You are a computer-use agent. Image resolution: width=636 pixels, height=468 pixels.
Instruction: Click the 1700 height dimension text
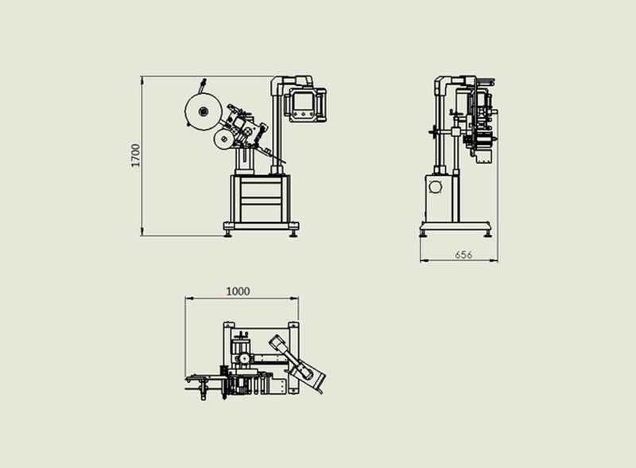(x=135, y=155)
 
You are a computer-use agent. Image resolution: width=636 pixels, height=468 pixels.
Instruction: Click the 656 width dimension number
(x=463, y=255)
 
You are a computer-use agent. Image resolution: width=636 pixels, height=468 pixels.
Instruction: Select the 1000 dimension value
(x=238, y=291)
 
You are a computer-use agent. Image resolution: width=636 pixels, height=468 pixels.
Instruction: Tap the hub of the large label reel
(x=203, y=111)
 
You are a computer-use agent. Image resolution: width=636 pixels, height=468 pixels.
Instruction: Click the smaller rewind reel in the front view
(x=223, y=139)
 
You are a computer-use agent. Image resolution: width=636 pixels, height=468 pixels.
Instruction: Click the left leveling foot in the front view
(x=228, y=233)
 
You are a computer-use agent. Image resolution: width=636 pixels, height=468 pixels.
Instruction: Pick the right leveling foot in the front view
(x=293, y=233)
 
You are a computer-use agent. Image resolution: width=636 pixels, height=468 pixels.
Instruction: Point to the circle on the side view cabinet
(x=435, y=187)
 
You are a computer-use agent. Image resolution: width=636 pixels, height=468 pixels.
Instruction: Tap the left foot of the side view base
(x=424, y=233)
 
